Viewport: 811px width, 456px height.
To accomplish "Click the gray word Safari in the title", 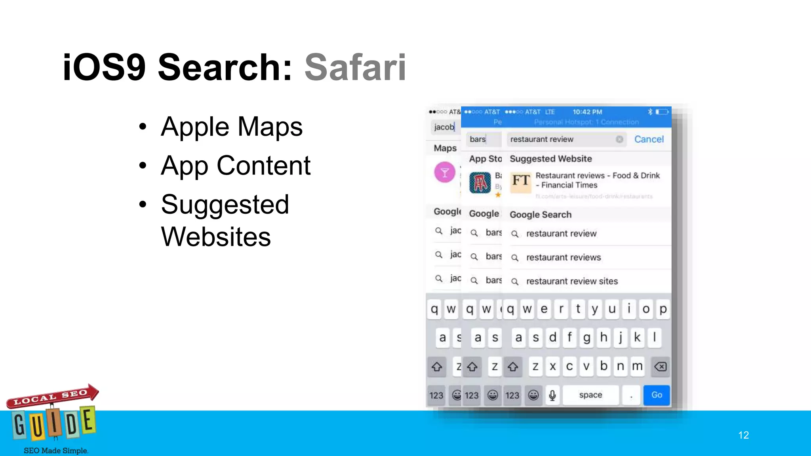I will click(x=355, y=67).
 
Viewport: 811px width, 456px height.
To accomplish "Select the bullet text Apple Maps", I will click(x=231, y=127).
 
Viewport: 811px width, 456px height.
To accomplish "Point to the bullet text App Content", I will click(x=235, y=165).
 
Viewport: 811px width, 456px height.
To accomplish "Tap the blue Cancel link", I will click(x=649, y=139).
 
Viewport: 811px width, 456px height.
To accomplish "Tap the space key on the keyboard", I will click(x=590, y=395).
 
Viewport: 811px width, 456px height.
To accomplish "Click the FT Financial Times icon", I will click(x=520, y=182).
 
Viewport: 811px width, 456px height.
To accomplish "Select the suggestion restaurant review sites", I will click(x=571, y=281).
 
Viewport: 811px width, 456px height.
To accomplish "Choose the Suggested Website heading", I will click(x=550, y=159).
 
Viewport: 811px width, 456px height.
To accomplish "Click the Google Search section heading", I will click(x=541, y=215).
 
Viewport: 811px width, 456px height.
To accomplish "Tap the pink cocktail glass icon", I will click(x=445, y=173).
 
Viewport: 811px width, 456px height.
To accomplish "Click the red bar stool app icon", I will click(x=480, y=183).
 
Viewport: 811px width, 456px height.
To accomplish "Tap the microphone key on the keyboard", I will click(x=552, y=395).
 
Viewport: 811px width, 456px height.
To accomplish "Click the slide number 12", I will click(x=743, y=435).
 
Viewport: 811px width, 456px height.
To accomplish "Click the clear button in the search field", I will click(x=619, y=139).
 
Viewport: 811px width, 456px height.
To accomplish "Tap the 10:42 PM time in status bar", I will click(x=587, y=112).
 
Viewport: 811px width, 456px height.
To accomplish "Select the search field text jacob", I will click(x=444, y=127).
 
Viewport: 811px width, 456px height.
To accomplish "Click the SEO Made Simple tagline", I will click(x=56, y=450).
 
